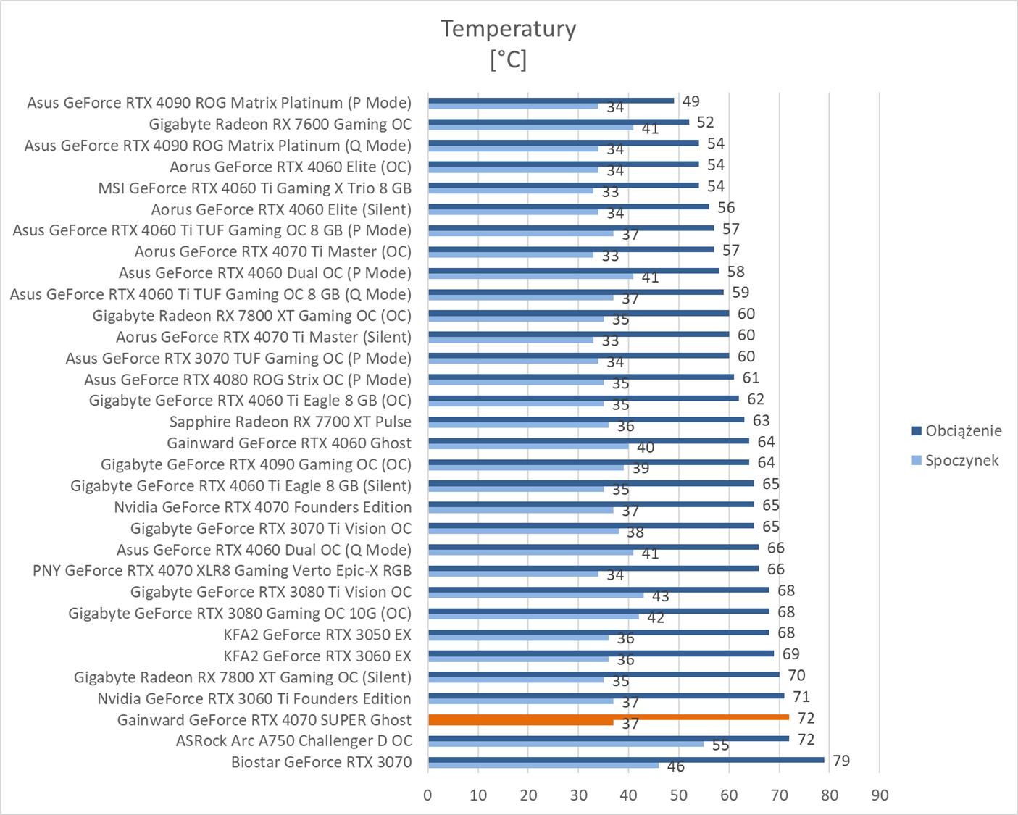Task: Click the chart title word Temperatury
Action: (x=508, y=29)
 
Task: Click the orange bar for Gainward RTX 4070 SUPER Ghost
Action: (x=608, y=717)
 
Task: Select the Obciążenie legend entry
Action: (x=963, y=431)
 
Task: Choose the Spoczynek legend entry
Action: (x=961, y=461)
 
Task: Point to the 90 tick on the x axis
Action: (x=879, y=795)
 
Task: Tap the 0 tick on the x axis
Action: (x=427, y=795)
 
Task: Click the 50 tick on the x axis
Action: (x=679, y=795)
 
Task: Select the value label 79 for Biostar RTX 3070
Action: (x=841, y=761)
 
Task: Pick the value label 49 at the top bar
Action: (x=691, y=101)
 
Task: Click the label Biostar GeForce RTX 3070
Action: (x=321, y=762)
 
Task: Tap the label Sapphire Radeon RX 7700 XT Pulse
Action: (x=290, y=422)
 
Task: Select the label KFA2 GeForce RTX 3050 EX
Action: (x=317, y=635)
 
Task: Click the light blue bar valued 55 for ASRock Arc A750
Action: (x=565, y=744)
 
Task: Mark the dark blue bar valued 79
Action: (x=626, y=759)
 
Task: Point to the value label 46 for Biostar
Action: (x=675, y=766)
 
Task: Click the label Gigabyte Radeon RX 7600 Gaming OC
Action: (x=280, y=124)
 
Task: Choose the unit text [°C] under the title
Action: (x=508, y=59)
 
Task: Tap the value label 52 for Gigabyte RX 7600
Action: (x=705, y=122)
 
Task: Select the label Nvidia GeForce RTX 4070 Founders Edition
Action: (x=262, y=507)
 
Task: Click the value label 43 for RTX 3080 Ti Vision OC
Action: (x=660, y=596)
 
